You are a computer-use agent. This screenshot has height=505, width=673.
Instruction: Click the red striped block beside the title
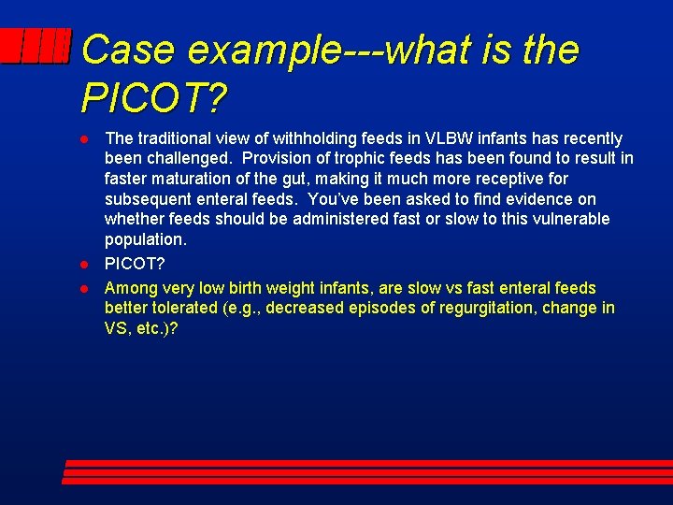36,47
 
